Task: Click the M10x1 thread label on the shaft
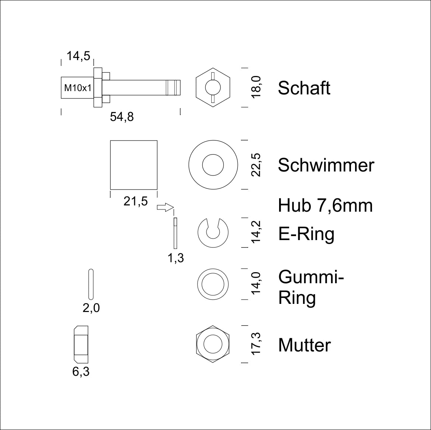pyautogui.click(x=77, y=88)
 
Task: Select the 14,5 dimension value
pyautogui.click(x=78, y=56)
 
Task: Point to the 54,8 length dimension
pyautogui.click(x=122, y=117)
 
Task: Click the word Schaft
pyautogui.click(x=304, y=88)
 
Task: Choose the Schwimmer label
pyautogui.click(x=326, y=165)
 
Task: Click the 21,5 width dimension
pyautogui.click(x=135, y=201)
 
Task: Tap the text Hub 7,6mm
pyautogui.click(x=325, y=205)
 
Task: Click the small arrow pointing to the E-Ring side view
pyautogui.click(x=165, y=207)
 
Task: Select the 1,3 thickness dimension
pyautogui.click(x=175, y=258)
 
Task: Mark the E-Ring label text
pyautogui.click(x=306, y=234)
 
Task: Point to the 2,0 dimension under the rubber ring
pyautogui.click(x=91, y=308)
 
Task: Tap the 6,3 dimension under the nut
pyautogui.click(x=81, y=372)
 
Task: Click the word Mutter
pyautogui.click(x=304, y=345)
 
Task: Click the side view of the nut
pyautogui.click(x=81, y=344)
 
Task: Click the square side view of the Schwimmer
pyautogui.click(x=134, y=164)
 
